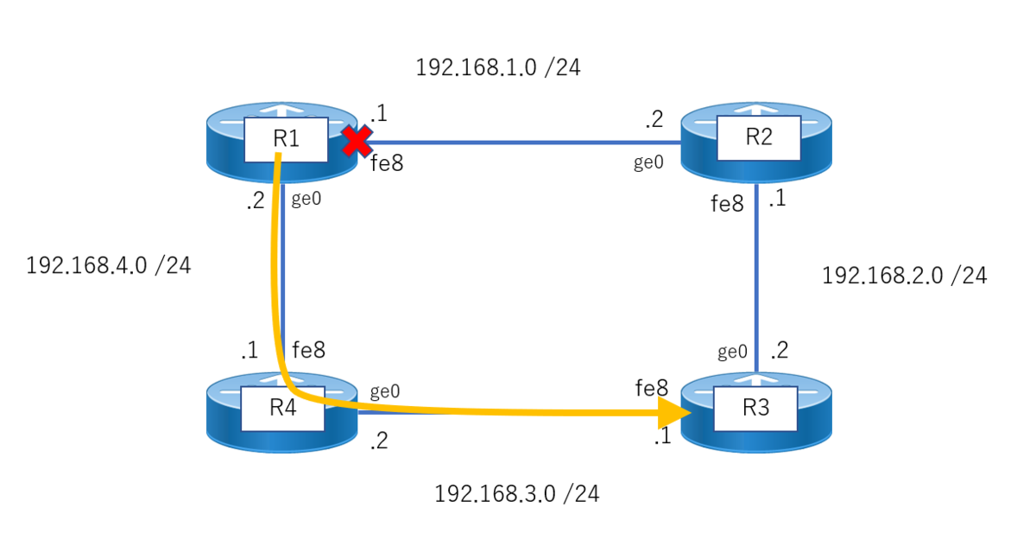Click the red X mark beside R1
pos(357,141)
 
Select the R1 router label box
pos(287,140)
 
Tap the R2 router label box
pos(759,138)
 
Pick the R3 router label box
pos(755,409)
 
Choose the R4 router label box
pos(282,409)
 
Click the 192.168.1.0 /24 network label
pos(498,67)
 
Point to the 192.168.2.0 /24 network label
pos(905,276)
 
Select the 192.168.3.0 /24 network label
pos(517,493)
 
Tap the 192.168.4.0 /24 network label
pos(108,265)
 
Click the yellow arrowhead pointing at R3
pos(674,412)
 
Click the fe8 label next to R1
pos(387,163)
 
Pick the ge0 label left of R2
pos(648,162)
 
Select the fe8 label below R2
pos(727,204)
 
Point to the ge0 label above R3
pos(733,352)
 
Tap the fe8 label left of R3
pos(652,388)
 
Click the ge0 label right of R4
pos(385,391)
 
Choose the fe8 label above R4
pos(308,350)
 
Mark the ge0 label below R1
pos(306,199)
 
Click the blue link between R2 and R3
pos(756,278)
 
